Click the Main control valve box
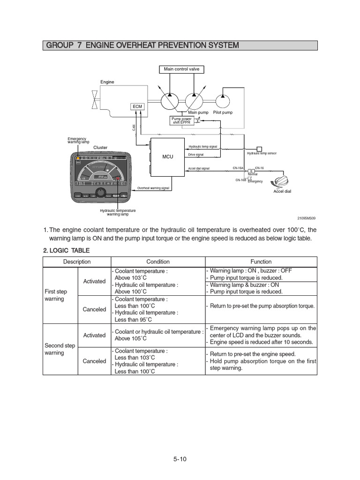181,69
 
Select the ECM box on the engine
137,107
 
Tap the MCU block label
168,157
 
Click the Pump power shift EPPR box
182,121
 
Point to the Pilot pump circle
223,100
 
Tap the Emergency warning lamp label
77,140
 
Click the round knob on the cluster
100,193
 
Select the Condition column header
158,262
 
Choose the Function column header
261,262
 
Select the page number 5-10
180,459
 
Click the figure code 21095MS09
307,218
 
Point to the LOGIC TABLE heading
67,251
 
